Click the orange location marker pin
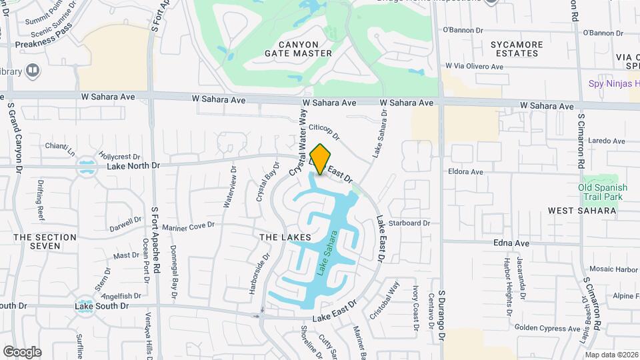pos(320,159)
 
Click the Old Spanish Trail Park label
pos(603,193)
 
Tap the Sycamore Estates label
pos(516,49)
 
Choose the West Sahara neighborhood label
pos(581,211)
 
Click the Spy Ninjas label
pos(613,84)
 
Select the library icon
pos(31,71)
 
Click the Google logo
pos(22,352)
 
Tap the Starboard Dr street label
pos(409,223)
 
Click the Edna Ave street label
pos(511,243)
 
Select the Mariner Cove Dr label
pos(188,226)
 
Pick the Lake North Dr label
pos(133,165)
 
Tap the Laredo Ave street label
pos(607,141)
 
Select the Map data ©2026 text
pos(611,355)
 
